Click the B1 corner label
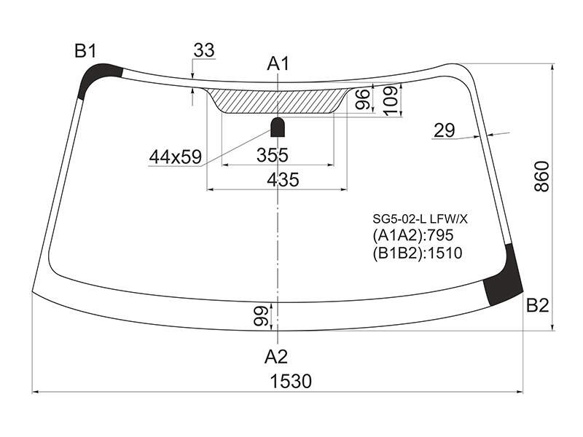(x=85, y=50)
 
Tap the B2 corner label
(x=537, y=305)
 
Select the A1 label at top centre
(x=278, y=64)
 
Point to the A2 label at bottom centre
(x=276, y=357)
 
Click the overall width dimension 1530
(x=291, y=381)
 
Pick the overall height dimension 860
(x=541, y=176)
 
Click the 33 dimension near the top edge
(x=204, y=50)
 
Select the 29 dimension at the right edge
(x=445, y=130)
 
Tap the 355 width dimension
(x=272, y=155)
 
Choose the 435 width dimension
(x=283, y=179)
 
